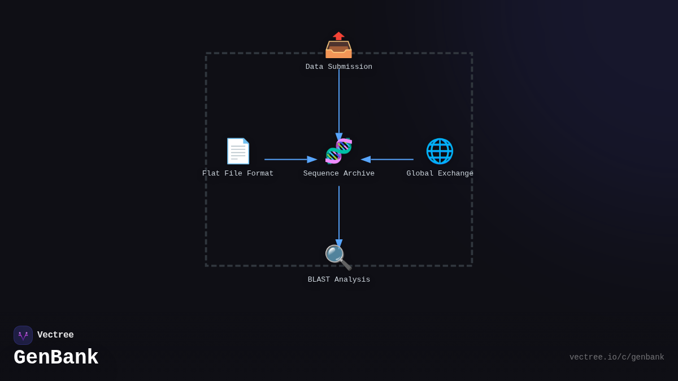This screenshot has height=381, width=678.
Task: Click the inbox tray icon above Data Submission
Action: pos(338,46)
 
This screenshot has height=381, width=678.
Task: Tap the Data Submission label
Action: pos(339,67)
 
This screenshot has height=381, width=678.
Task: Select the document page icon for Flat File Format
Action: pos(238,151)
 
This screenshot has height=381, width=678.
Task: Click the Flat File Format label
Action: pos(238,174)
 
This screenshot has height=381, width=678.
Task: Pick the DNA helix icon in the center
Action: pos(338,151)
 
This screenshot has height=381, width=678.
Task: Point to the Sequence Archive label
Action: pos(339,174)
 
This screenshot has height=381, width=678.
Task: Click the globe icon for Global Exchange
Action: pos(440,151)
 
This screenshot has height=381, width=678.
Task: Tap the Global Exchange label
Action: pos(440,174)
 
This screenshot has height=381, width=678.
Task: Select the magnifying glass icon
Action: pos(338,257)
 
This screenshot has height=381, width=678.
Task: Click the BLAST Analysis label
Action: pos(339,280)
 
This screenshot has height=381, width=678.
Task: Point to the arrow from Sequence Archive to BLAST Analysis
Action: pos(339,214)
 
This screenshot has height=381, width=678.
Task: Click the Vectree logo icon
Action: pos(23,335)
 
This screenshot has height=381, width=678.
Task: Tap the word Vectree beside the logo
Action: pos(55,335)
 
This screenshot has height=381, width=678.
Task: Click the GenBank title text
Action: pos(56,358)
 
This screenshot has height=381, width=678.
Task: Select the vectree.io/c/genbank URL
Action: pos(616,357)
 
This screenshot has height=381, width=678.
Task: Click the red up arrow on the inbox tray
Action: pos(338,36)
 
